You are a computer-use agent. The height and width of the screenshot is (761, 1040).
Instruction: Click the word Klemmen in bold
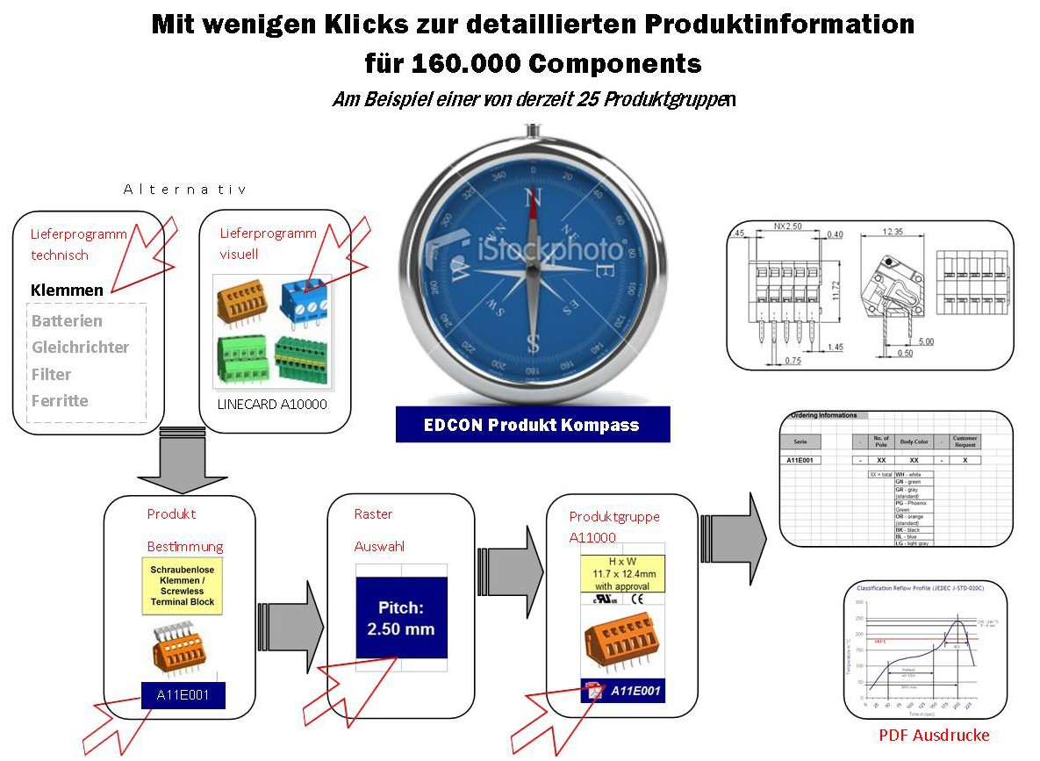[67, 291]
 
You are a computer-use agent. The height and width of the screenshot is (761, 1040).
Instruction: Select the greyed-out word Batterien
[67, 321]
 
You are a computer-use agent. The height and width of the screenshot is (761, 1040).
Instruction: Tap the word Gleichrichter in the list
[80, 348]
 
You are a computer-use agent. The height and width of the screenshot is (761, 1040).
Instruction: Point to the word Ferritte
[60, 401]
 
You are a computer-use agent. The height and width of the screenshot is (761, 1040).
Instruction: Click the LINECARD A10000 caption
[272, 404]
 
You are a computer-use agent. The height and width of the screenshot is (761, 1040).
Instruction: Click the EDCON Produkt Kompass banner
[531, 425]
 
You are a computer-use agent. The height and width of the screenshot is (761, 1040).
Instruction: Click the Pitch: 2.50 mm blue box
[400, 618]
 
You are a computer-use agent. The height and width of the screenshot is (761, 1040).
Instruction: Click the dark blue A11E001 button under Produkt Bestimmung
[183, 695]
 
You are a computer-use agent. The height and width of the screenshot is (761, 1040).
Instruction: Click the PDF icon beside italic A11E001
[595, 691]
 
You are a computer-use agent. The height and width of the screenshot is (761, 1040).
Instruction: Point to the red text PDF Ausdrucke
[934, 736]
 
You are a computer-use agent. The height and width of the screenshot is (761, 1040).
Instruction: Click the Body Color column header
[914, 442]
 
